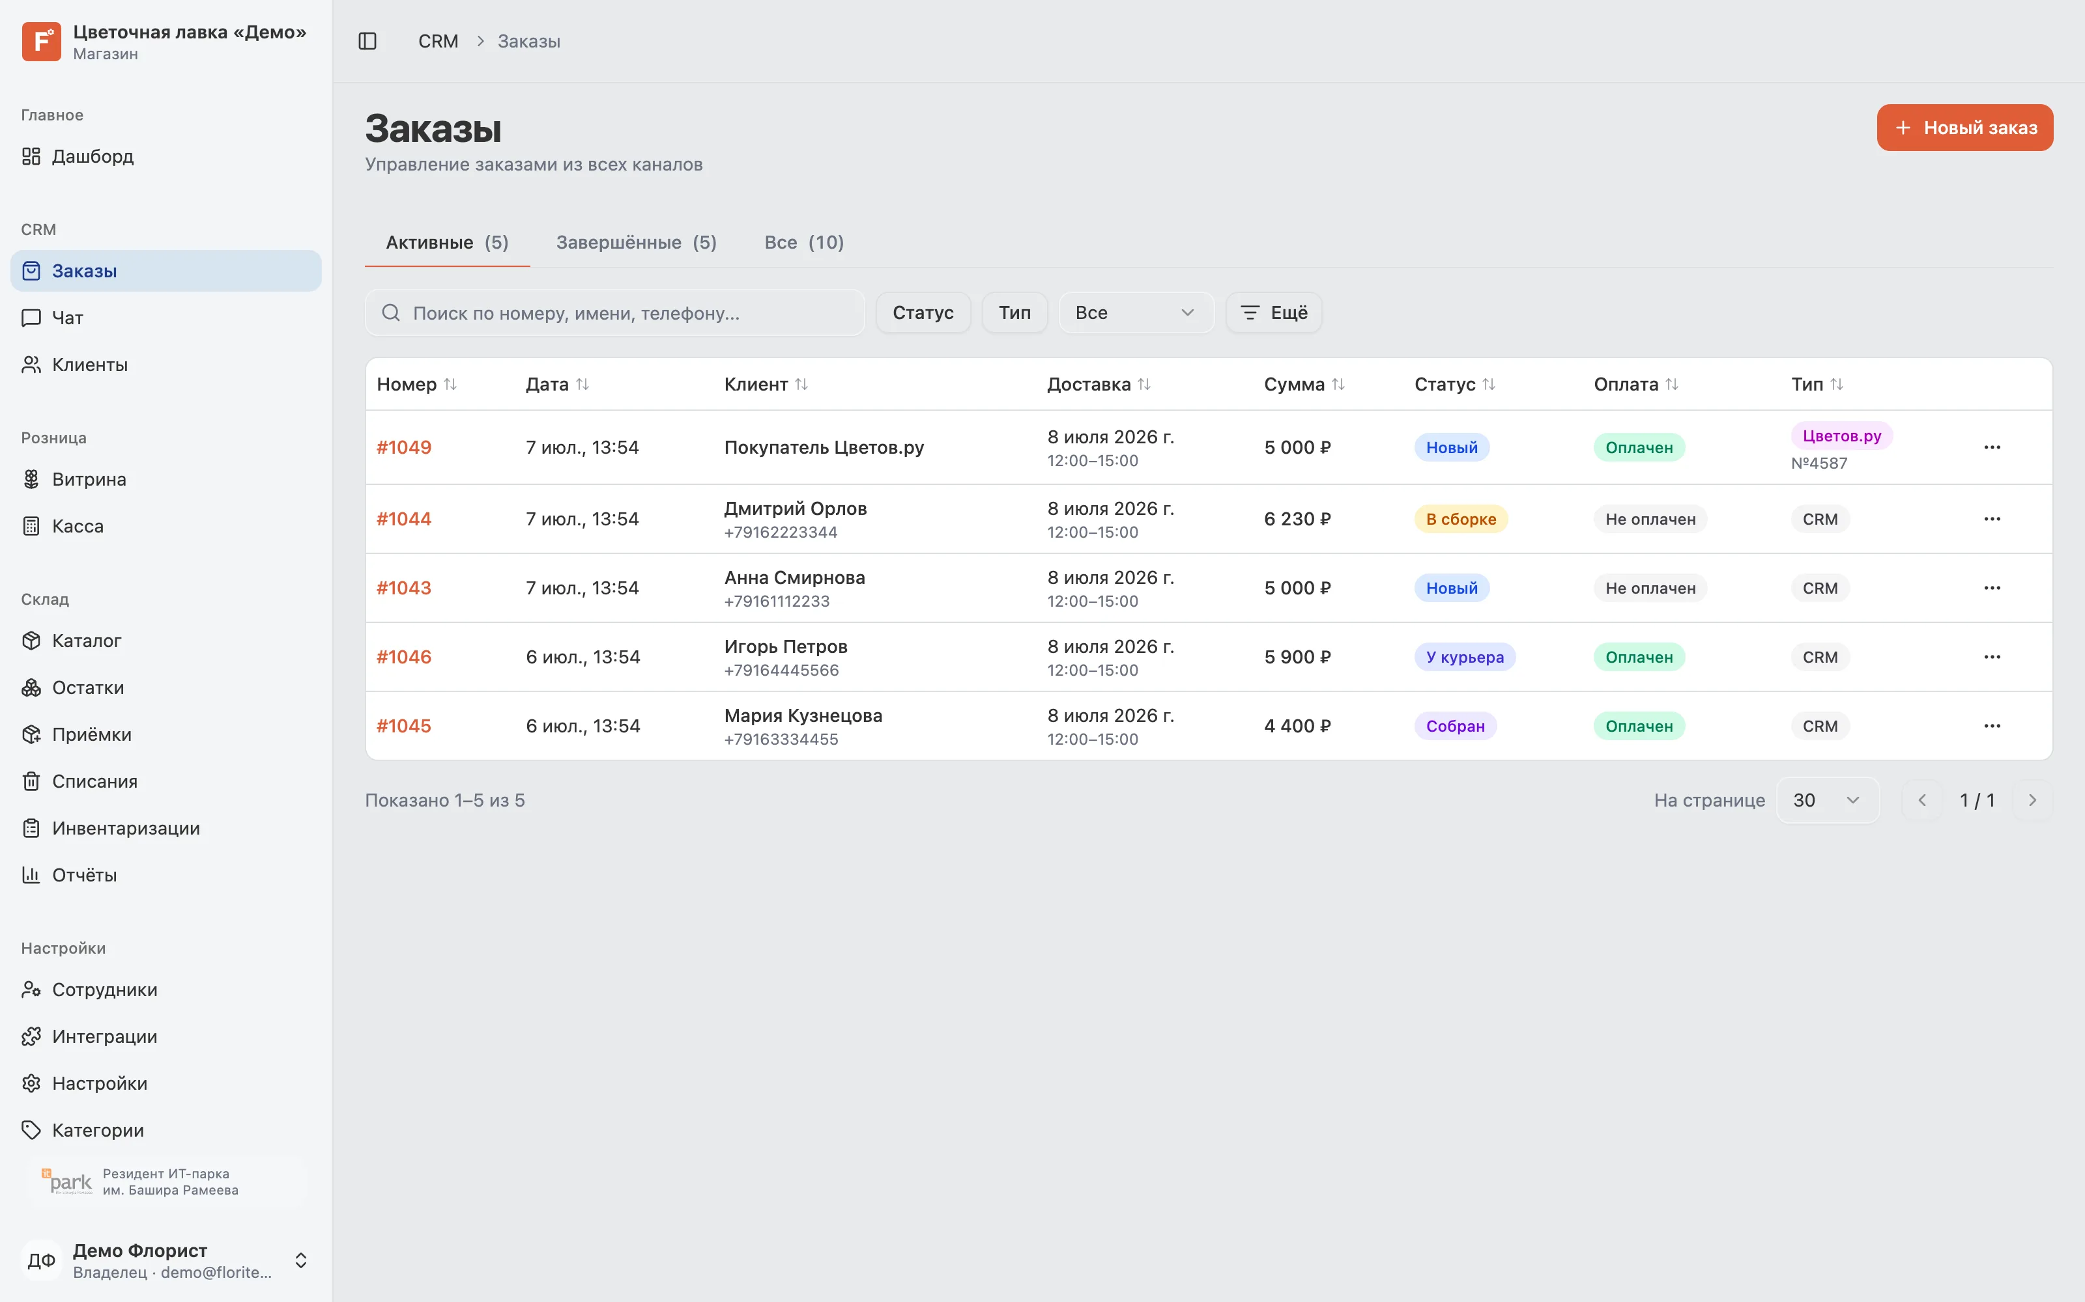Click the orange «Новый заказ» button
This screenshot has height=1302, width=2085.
(x=1964, y=128)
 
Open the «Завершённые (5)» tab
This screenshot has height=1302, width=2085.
(x=636, y=243)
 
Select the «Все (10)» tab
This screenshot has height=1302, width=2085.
(x=804, y=243)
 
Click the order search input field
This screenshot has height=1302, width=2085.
(x=614, y=312)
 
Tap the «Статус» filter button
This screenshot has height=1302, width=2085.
(x=923, y=312)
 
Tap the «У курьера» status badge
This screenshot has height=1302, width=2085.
(x=1465, y=657)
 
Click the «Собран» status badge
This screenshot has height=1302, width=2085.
(x=1455, y=726)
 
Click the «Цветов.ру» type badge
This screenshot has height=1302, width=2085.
(x=1842, y=436)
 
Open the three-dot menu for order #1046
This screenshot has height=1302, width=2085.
(x=1992, y=657)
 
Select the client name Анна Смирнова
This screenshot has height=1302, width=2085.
(x=794, y=578)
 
